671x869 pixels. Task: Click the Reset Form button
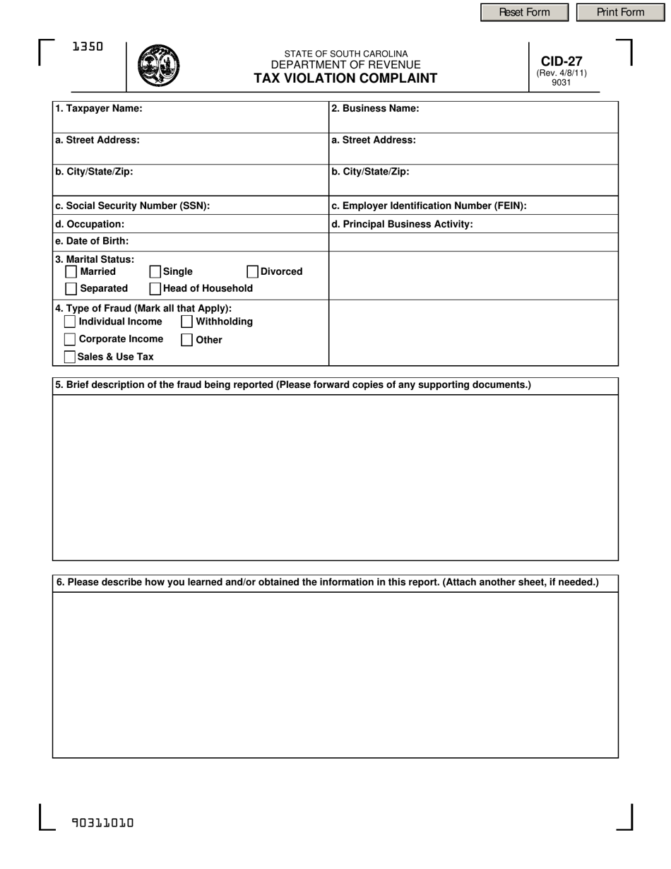(x=524, y=12)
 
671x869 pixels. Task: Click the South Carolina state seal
(x=158, y=66)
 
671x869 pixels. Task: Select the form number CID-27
(x=562, y=61)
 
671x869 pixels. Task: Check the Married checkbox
(x=71, y=272)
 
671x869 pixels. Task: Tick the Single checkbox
(x=155, y=272)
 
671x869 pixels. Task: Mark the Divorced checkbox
(x=253, y=272)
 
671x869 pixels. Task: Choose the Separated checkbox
(x=71, y=289)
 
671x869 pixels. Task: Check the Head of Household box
(x=155, y=289)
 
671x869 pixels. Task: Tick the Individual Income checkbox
(x=70, y=322)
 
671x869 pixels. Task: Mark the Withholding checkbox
(x=187, y=322)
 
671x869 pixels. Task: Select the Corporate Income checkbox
(x=70, y=340)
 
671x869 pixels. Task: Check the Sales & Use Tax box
(x=70, y=357)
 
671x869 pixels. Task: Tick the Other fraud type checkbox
(x=187, y=340)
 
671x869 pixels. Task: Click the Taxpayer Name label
(x=99, y=109)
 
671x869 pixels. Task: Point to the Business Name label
(x=375, y=109)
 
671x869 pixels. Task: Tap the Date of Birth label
(x=92, y=242)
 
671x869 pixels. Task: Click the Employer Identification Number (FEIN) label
(x=429, y=206)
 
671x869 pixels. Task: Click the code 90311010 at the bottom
(x=102, y=822)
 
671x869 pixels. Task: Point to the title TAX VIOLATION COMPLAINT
(x=345, y=78)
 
